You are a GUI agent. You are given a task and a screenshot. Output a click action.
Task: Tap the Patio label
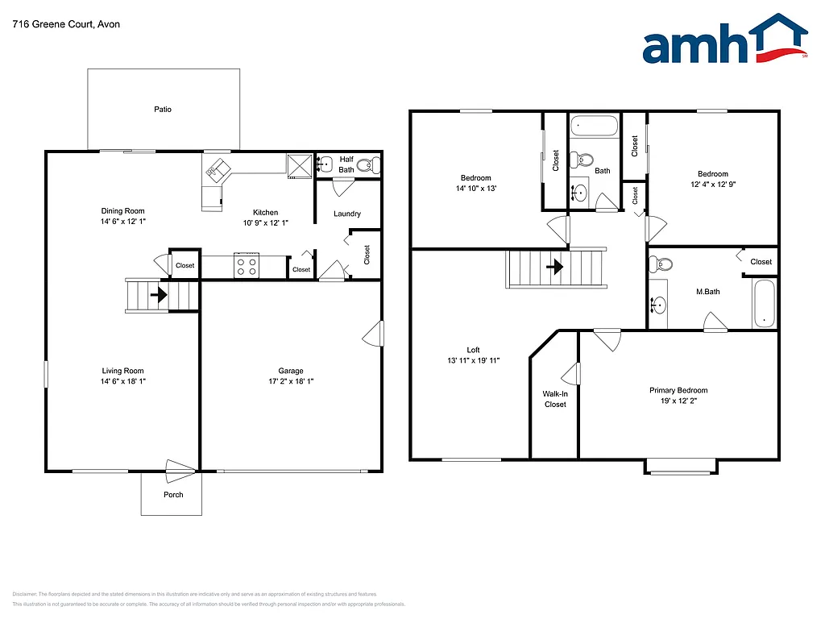pyautogui.click(x=163, y=110)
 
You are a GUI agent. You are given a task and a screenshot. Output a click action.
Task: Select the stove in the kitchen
pyautogui.click(x=247, y=267)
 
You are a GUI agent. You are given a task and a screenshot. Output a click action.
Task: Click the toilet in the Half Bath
pyautogui.click(x=367, y=165)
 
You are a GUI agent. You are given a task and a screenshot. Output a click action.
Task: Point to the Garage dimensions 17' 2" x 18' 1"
pyautogui.click(x=291, y=381)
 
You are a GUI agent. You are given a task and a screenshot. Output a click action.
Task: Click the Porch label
pyautogui.click(x=173, y=495)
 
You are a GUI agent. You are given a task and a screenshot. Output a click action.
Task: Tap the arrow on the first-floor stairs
pyautogui.click(x=159, y=295)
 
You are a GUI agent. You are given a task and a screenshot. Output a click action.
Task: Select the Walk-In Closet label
pyautogui.click(x=555, y=399)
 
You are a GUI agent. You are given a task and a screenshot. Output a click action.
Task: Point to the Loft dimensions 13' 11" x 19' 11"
pyautogui.click(x=473, y=360)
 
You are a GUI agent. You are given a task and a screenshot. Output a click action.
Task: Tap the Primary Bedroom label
pyautogui.click(x=678, y=390)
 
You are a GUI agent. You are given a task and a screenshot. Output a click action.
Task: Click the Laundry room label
pyautogui.click(x=346, y=214)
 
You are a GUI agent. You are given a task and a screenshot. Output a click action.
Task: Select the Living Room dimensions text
pyautogui.click(x=122, y=381)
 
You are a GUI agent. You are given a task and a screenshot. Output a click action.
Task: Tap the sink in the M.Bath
pyautogui.click(x=660, y=305)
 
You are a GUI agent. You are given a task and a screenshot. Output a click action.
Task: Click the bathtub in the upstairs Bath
pyautogui.click(x=594, y=127)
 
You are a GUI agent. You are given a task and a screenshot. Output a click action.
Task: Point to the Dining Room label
pyautogui.click(x=123, y=211)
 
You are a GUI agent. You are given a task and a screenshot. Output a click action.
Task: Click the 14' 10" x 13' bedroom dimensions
pyautogui.click(x=475, y=189)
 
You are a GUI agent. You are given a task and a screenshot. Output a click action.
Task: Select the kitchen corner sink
pyautogui.click(x=215, y=170)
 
